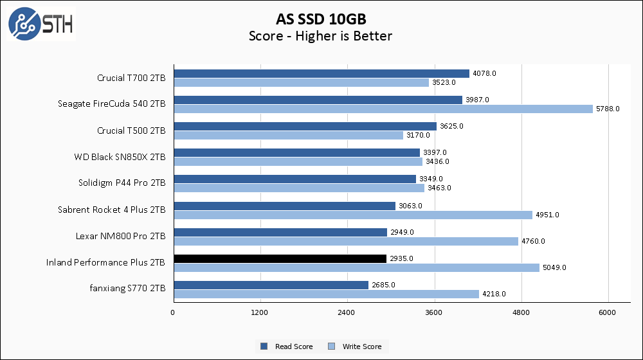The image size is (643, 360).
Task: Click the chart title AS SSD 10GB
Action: (x=320, y=18)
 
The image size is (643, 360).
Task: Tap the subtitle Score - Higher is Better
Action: (x=320, y=36)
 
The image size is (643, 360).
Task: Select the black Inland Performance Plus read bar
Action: (x=280, y=258)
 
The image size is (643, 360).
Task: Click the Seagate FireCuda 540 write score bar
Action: (x=383, y=109)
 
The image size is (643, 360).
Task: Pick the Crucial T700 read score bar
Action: (x=321, y=74)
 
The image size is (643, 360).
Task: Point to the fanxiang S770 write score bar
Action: (x=326, y=294)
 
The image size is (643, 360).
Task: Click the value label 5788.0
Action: (x=608, y=109)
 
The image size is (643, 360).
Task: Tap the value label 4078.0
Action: (x=484, y=74)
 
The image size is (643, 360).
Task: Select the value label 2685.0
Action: (x=383, y=285)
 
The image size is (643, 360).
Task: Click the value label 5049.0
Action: (x=554, y=267)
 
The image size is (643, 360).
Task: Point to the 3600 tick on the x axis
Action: (x=434, y=312)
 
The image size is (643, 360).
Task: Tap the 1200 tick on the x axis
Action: (x=260, y=312)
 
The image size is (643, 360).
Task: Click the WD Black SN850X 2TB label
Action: (x=120, y=157)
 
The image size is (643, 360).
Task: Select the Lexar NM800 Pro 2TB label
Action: (x=120, y=237)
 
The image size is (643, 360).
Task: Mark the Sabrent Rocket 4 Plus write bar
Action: (x=352, y=215)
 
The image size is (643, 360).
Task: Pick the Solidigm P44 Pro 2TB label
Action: (x=122, y=183)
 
